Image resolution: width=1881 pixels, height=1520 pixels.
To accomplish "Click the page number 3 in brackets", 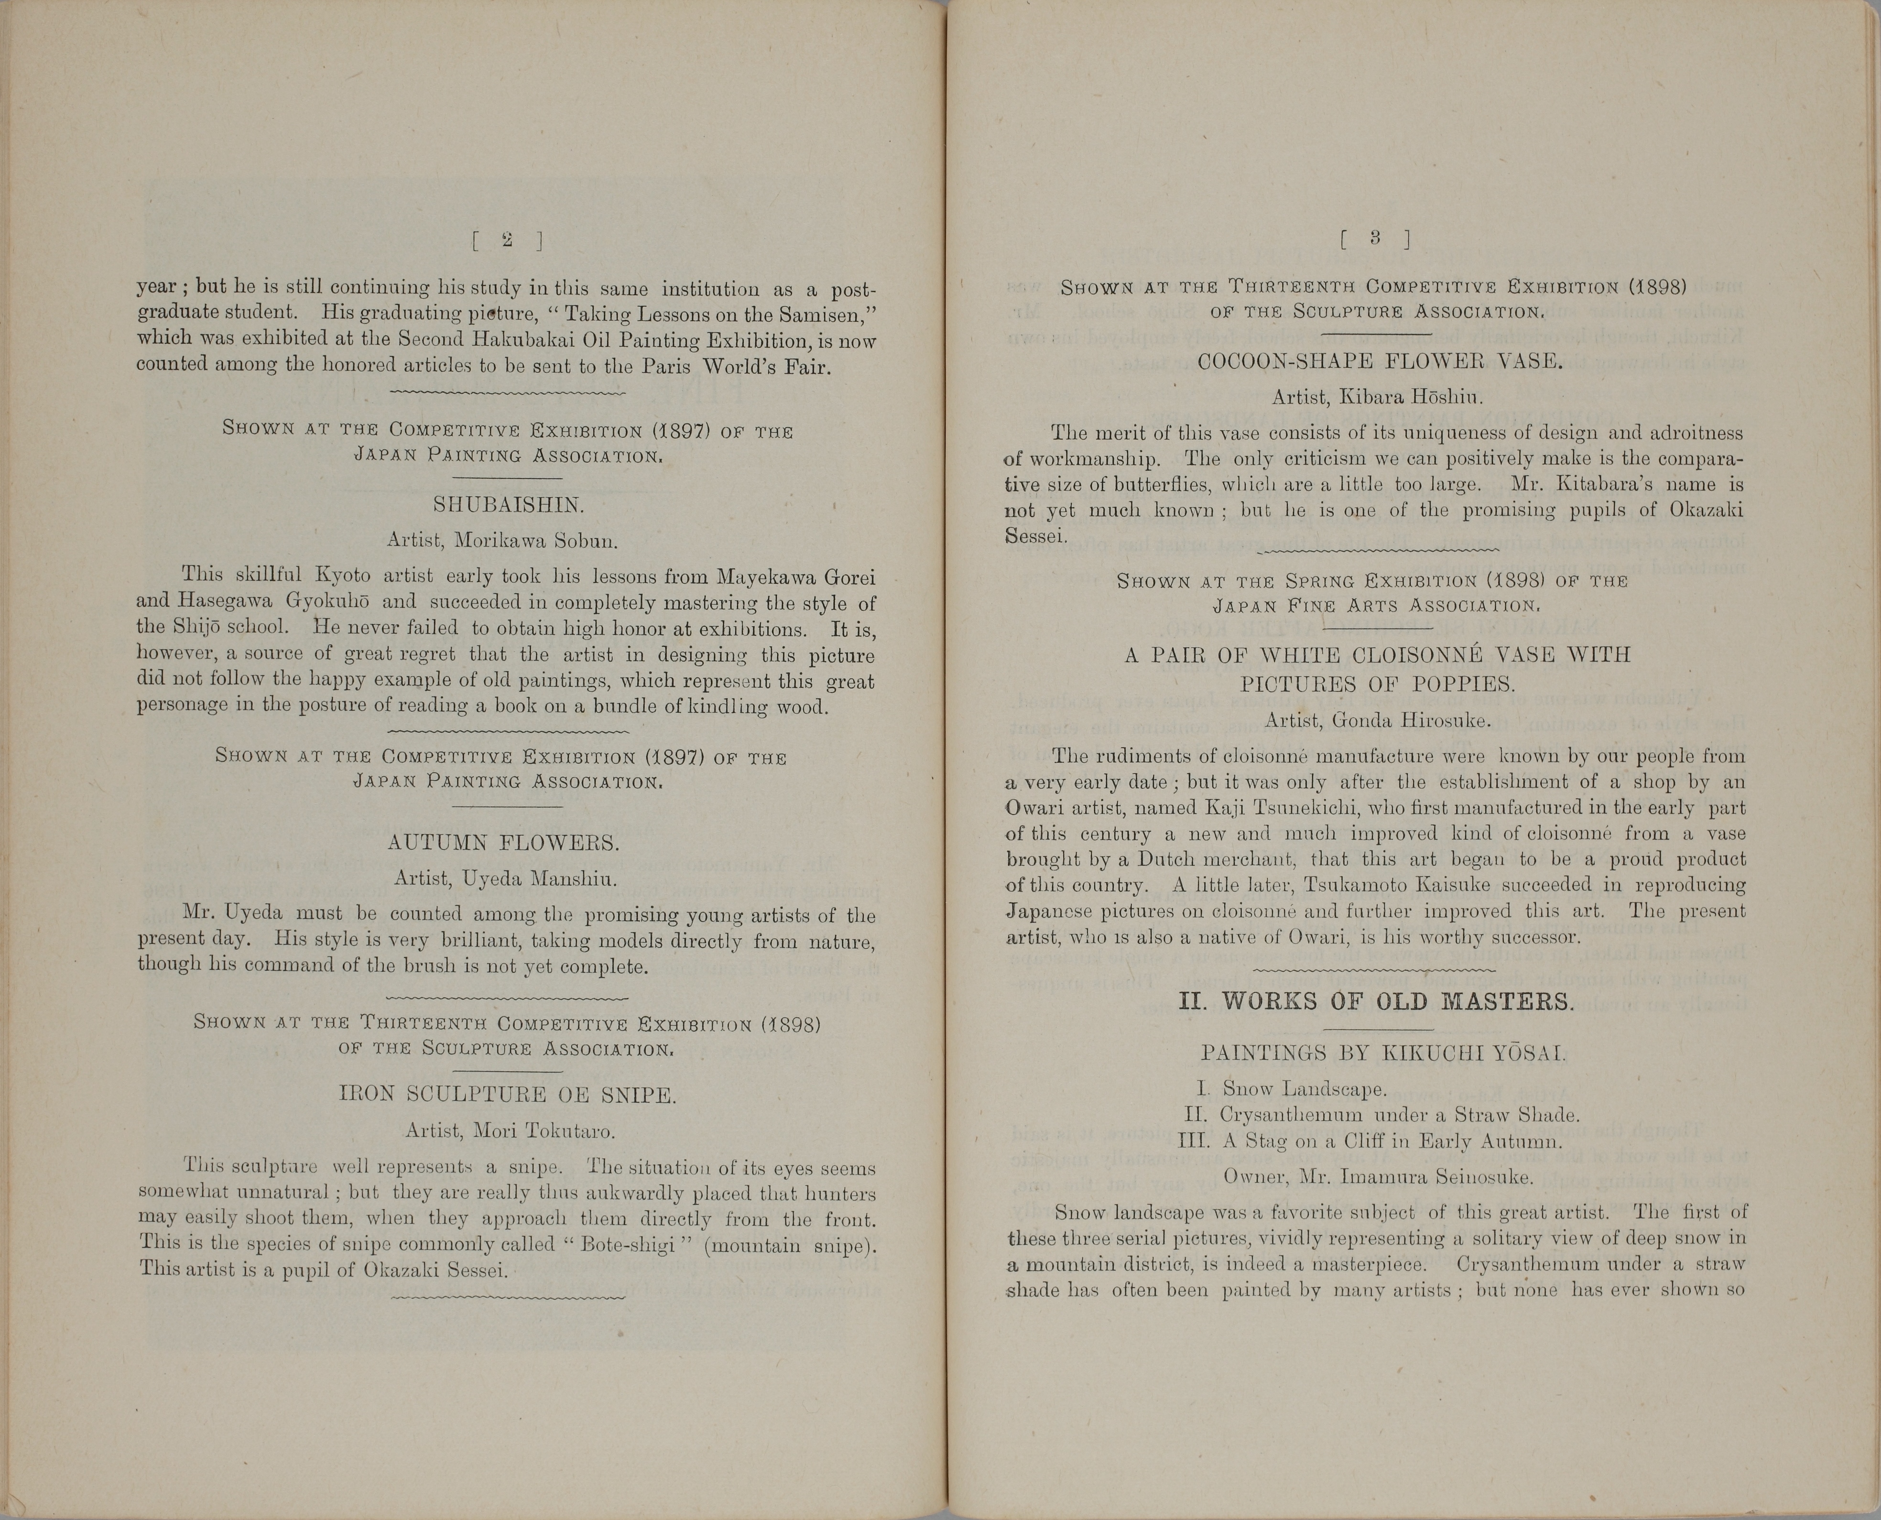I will point(1375,237).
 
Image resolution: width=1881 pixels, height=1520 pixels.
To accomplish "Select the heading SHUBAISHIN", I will point(508,505).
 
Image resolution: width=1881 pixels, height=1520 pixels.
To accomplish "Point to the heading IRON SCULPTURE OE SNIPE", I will point(508,1095).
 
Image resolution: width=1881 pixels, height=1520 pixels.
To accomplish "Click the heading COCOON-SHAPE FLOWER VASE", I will point(1380,362).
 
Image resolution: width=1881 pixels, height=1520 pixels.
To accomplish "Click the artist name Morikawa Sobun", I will point(536,541).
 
